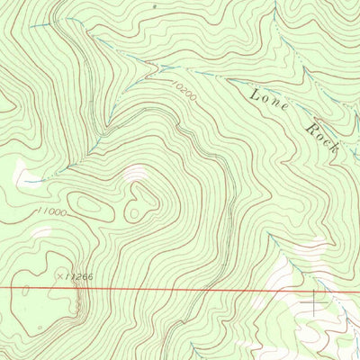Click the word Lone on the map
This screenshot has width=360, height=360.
(268, 100)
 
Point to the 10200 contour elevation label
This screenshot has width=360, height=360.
(182, 88)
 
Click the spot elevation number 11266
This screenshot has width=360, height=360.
(79, 276)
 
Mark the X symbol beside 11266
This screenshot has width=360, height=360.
(60, 275)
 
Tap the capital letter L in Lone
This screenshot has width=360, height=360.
(255, 92)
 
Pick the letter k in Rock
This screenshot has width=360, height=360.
(334, 147)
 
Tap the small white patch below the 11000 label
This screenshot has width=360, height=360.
(41, 231)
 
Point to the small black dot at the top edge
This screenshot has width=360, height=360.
(154, 5)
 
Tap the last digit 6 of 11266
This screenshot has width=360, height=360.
(90, 276)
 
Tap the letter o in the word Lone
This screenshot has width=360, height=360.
(265, 97)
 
